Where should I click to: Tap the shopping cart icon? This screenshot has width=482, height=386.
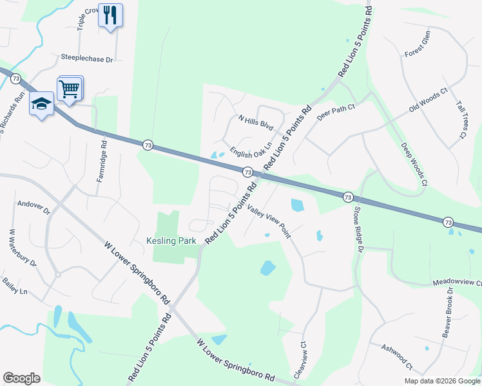[70, 89]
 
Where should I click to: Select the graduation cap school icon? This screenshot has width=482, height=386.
[41, 104]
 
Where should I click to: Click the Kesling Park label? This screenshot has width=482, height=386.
[170, 241]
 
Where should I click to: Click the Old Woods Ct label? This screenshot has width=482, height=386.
[428, 101]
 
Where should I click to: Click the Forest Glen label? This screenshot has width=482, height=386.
[417, 44]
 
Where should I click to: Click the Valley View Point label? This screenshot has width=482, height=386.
[269, 221]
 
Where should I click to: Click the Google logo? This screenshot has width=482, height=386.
[22, 378]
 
